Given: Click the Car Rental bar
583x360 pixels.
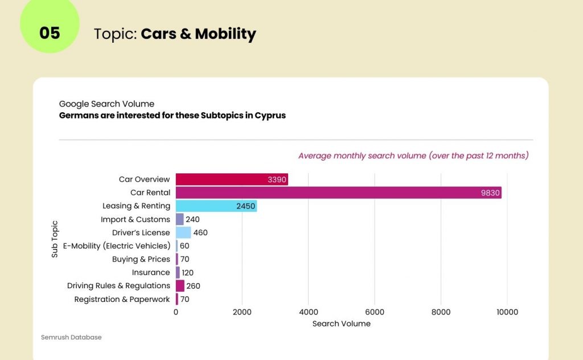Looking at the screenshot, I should click(x=338, y=193).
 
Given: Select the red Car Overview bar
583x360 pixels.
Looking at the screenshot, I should click(x=232, y=179).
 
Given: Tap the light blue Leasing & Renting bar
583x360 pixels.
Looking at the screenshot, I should click(x=216, y=206).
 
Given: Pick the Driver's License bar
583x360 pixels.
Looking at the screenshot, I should click(x=183, y=232).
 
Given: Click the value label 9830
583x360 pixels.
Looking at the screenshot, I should click(x=490, y=193).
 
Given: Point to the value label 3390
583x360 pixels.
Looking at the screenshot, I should click(x=277, y=179).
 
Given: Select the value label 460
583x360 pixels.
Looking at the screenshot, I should click(x=200, y=232).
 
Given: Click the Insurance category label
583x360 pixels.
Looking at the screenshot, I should click(x=151, y=272).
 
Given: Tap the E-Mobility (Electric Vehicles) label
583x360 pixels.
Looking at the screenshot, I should click(x=116, y=246).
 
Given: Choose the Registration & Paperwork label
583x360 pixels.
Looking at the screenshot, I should click(x=122, y=299).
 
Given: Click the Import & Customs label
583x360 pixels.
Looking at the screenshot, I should click(x=136, y=219).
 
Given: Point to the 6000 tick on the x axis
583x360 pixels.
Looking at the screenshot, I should click(x=375, y=312).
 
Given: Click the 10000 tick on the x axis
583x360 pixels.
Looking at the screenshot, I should click(x=507, y=312).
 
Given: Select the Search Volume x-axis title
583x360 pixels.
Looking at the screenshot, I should click(x=342, y=324).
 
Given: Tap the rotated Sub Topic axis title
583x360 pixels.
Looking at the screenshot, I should click(x=55, y=239).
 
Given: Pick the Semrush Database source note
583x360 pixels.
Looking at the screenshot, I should click(x=71, y=337).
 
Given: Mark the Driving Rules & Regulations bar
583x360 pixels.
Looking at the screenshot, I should click(x=180, y=286).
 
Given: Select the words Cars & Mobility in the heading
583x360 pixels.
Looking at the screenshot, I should click(x=198, y=34).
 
